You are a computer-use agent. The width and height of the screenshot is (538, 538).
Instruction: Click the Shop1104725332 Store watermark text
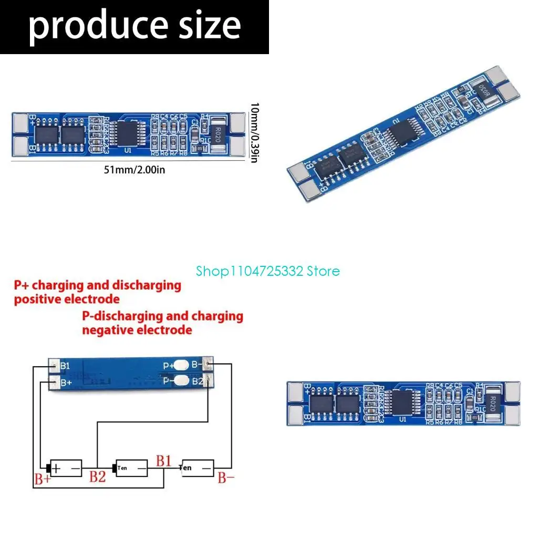pos(268,271)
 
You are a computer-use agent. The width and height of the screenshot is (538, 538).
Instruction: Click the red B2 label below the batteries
pos(97,477)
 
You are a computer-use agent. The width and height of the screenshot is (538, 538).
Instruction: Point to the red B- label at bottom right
pos(226,478)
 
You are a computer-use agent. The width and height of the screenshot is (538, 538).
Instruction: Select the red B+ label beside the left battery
pos(42,479)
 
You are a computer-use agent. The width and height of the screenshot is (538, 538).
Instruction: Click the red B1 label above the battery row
pos(163,461)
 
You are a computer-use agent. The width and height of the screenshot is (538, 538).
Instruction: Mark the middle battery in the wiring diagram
pos(132,467)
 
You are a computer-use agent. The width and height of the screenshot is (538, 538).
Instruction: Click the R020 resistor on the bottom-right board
pos(492,405)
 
